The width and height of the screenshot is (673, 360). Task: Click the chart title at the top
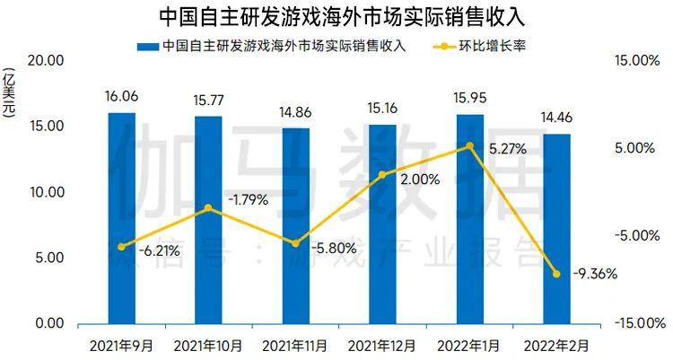[336, 16]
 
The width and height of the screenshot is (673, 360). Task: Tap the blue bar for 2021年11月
[295, 226]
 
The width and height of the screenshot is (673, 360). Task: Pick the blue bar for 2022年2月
[556, 229]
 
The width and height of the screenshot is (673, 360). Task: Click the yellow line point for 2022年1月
[469, 146]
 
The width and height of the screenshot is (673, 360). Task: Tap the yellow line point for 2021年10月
[208, 208]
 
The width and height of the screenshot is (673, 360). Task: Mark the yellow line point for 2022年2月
[556, 274]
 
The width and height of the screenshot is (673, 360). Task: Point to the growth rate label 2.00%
[419, 179]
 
